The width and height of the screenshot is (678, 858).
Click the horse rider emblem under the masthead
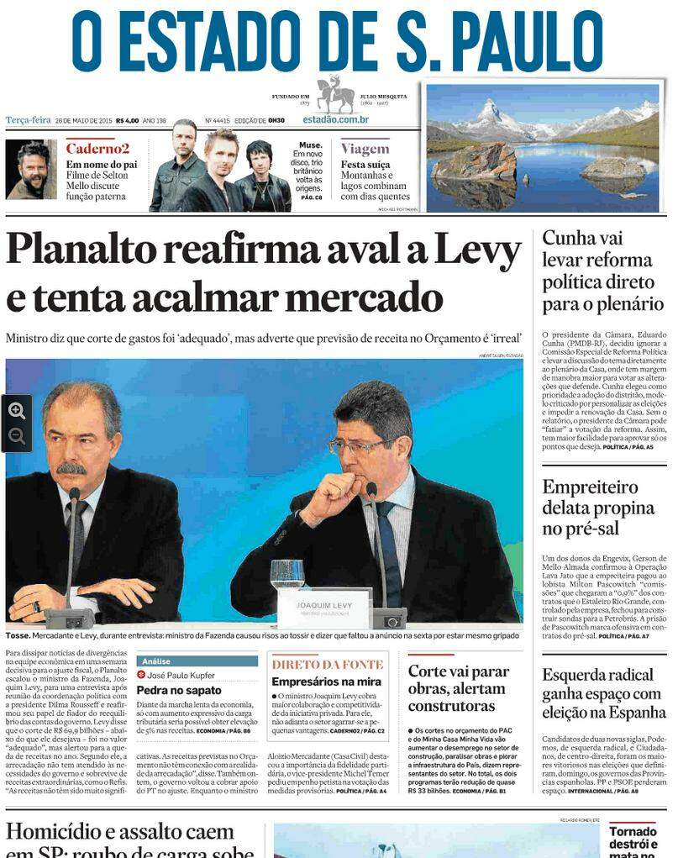click(x=335, y=94)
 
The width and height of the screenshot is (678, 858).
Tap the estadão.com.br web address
click(x=335, y=119)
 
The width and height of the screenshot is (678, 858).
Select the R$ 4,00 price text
click(x=128, y=120)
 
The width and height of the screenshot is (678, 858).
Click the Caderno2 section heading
click(x=97, y=149)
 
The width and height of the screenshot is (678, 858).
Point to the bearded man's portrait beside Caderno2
click(x=31, y=170)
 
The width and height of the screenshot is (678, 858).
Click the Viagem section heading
click(x=365, y=149)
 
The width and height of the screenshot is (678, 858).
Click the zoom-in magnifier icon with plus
click(x=17, y=411)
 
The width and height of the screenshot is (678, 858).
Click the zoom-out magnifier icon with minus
click(x=17, y=437)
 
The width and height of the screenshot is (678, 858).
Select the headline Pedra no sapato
click(x=179, y=691)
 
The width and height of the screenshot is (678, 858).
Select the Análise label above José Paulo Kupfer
click(x=156, y=661)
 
